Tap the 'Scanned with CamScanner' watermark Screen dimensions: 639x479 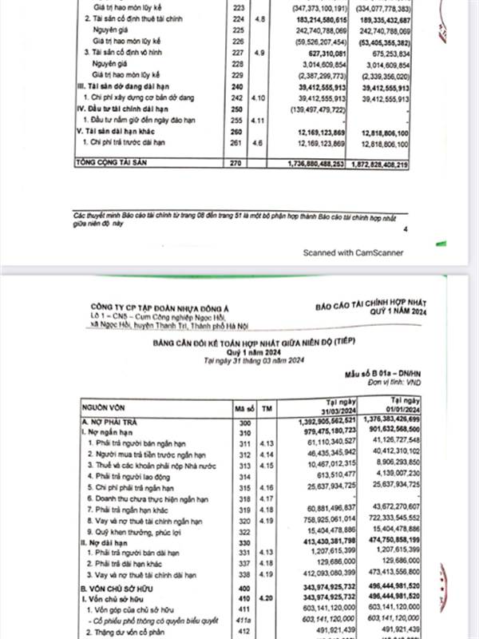[352, 252]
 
